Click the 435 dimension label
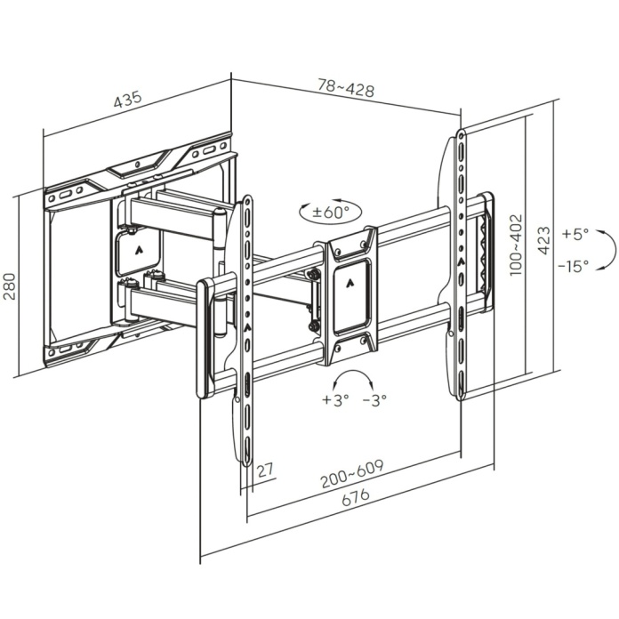point(128,100)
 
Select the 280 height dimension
point(11,285)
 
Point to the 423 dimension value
point(544,240)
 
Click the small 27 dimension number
point(264,470)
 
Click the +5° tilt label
point(575,235)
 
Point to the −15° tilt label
point(574,265)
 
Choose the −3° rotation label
point(374,400)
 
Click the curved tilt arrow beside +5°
point(605,249)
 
